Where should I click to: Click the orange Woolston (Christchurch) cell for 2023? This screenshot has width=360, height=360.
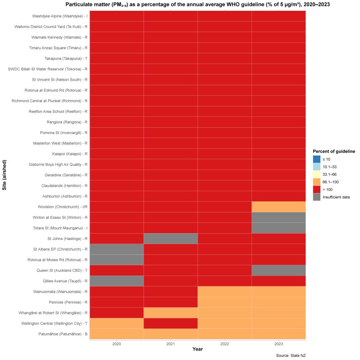point(279,207)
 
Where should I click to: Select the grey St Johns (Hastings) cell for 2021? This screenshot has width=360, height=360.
point(171,238)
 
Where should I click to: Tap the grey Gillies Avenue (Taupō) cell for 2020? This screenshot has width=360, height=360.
point(117,281)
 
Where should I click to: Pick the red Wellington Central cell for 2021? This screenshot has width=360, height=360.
point(171,323)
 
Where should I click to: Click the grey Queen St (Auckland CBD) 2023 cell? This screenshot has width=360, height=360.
point(279,270)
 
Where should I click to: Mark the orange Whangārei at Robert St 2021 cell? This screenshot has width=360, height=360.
point(171,312)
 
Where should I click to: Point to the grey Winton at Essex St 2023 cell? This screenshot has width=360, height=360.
point(279,217)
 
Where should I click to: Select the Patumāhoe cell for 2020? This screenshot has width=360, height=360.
point(117,334)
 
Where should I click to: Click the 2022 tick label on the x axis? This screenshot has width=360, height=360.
point(225,344)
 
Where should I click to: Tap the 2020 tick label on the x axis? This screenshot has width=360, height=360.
point(117,344)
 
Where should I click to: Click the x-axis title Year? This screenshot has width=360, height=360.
point(198,349)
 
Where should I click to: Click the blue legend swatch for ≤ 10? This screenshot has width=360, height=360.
point(317,159)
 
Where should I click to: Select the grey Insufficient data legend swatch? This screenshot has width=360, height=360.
point(317,197)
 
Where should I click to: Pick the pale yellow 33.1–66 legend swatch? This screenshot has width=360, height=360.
point(317,174)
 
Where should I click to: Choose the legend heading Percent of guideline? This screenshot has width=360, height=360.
point(334,151)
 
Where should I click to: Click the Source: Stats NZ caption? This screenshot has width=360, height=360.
point(290,356)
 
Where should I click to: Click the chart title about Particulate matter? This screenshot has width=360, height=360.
point(198,4)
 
